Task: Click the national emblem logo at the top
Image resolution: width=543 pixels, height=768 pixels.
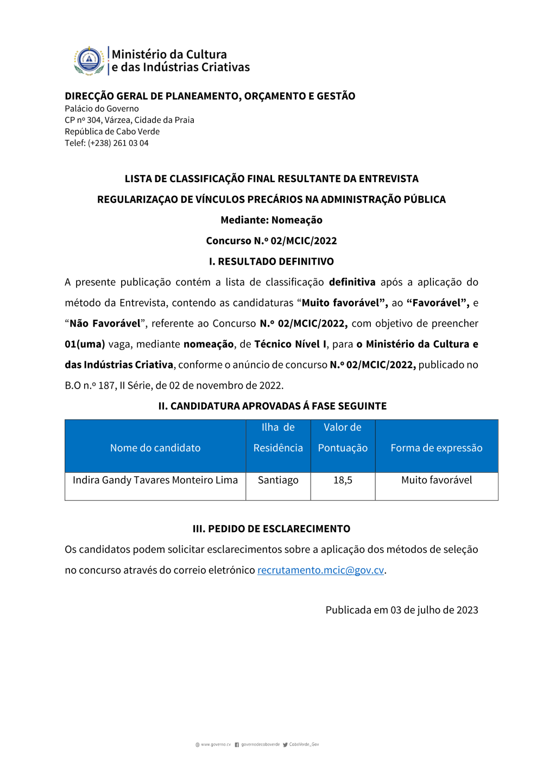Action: tap(89, 60)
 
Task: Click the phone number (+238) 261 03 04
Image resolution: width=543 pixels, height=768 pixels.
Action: tap(118, 143)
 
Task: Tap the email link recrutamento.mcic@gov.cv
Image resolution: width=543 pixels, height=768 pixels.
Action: tap(320, 570)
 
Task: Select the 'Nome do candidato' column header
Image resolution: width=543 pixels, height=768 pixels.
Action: tap(155, 448)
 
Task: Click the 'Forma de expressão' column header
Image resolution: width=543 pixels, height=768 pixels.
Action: tap(437, 448)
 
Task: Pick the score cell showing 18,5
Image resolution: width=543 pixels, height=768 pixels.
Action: tap(343, 480)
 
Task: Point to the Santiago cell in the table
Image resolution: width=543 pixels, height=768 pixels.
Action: tap(278, 480)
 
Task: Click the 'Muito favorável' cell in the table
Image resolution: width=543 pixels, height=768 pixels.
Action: tap(437, 480)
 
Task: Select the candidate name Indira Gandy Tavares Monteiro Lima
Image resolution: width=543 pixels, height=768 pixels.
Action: tap(155, 480)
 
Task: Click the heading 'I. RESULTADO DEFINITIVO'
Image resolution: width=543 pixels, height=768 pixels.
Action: tap(271, 261)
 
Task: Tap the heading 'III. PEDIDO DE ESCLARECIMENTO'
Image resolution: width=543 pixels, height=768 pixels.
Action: tap(271, 529)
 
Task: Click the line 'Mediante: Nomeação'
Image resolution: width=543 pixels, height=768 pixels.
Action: tap(271, 220)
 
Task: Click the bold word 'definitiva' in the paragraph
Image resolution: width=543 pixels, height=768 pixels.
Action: tap(352, 282)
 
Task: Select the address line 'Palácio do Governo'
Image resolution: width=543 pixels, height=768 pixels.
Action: tap(102, 109)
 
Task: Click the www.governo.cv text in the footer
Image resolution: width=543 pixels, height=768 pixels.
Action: tap(216, 745)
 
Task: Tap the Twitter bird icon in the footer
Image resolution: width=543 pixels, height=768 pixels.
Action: tap(285, 745)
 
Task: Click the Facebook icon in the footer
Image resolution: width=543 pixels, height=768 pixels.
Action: tap(237, 745)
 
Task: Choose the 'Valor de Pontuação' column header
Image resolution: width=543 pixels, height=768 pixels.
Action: tap(343, 438)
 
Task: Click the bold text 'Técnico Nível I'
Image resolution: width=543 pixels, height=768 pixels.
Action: tap(291, 344)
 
